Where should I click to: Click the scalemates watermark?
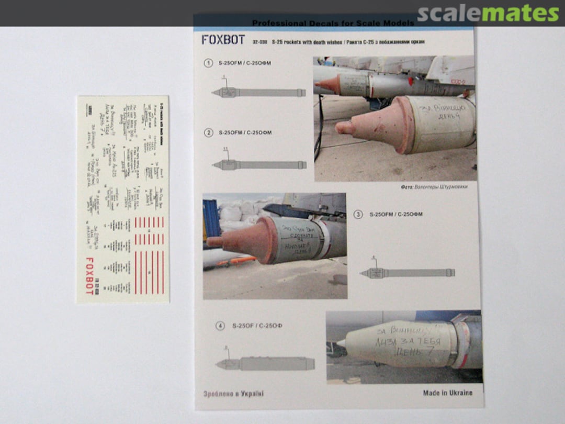coord(488,14)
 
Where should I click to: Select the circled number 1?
coord(208,63)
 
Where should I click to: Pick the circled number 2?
coord(208,132)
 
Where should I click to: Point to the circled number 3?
coord(358,214)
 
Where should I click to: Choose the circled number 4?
coord(220,326)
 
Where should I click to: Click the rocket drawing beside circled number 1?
coord(258,93)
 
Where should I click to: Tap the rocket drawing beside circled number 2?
coord(259,164)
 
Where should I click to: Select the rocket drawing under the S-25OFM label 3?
coord(407,273)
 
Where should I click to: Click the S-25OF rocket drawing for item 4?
coord(265,364)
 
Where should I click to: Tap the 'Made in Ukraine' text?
coord(447,393)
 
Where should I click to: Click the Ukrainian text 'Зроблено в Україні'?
coord(233,394)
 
